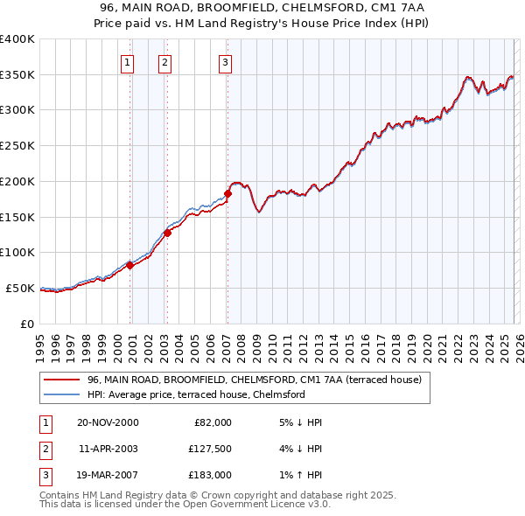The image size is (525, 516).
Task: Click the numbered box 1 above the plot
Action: [128, 62]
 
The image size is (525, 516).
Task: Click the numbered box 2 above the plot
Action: [164, 62]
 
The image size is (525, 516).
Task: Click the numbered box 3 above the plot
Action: [225, 62]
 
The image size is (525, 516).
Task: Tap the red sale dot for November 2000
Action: [130, 265]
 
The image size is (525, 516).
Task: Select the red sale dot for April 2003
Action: [167, 233]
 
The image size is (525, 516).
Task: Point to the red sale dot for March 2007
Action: [227, 193]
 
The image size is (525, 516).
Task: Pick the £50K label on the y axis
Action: [20, 288]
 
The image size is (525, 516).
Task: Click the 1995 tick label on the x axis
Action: [39, 341]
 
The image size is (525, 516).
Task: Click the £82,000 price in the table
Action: [211, 422]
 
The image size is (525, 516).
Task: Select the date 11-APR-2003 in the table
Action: [108, 449]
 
